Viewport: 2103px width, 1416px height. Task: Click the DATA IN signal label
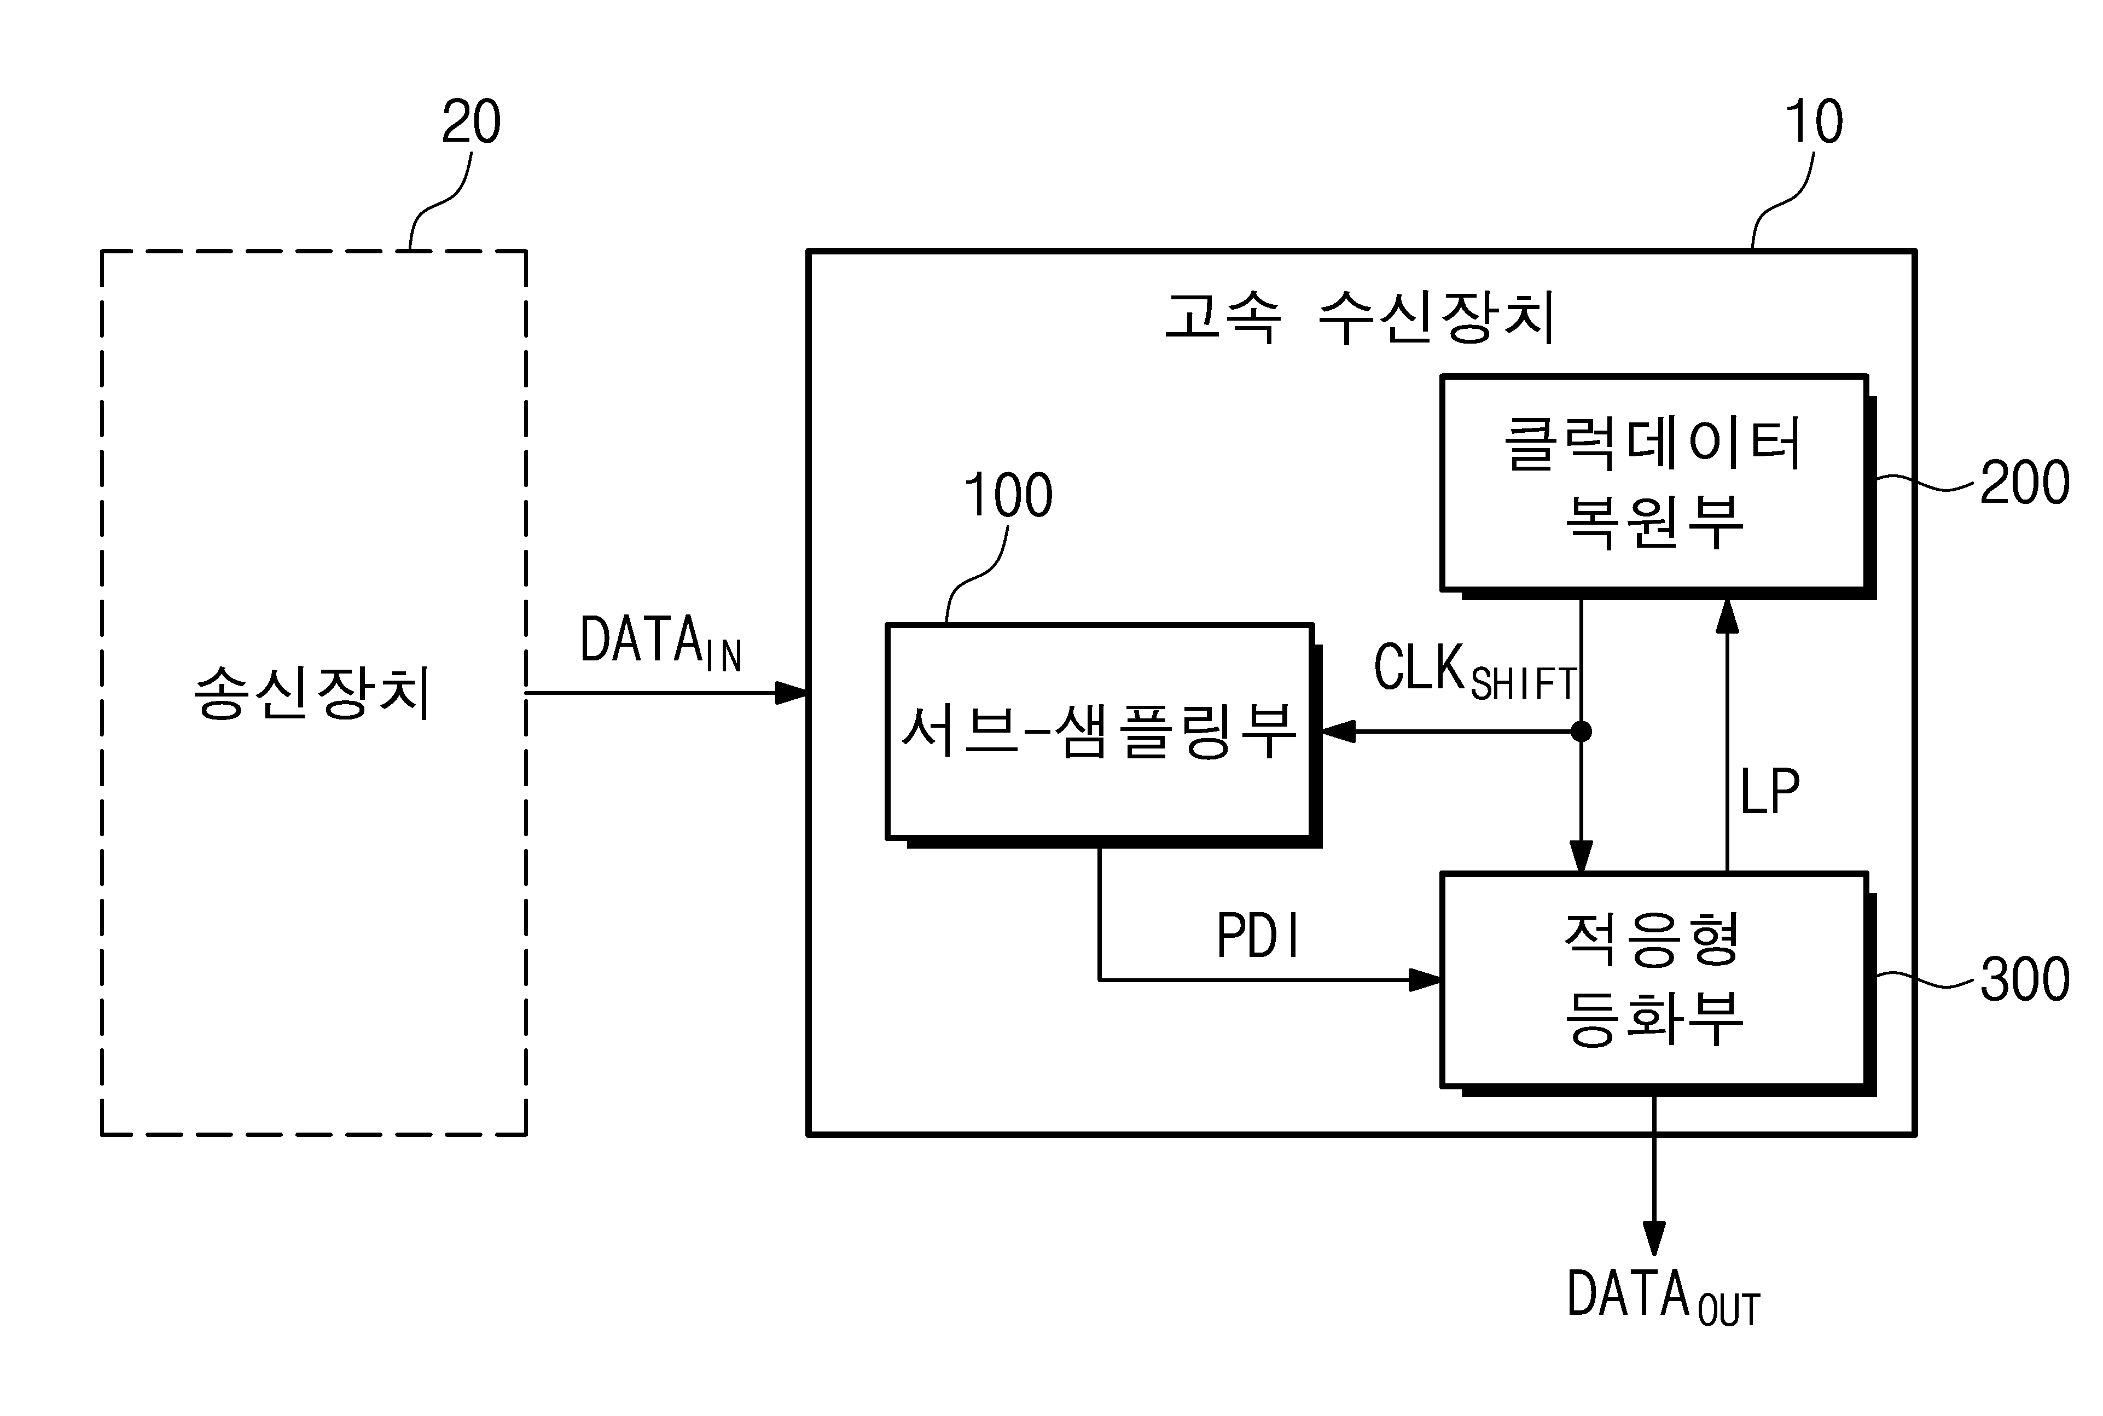661,643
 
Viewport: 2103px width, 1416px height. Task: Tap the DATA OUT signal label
1663,1297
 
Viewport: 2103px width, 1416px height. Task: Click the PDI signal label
1258,936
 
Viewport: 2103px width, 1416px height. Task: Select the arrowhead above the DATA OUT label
1654,1238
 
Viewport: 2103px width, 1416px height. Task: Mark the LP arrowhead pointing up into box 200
1727,616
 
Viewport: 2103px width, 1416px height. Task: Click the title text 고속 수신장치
1360,318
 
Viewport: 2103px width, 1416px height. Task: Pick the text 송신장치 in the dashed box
312,693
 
